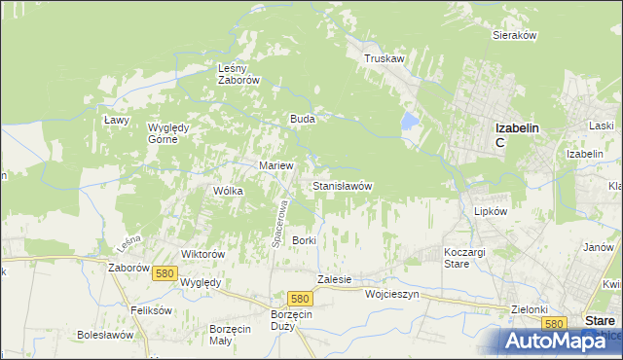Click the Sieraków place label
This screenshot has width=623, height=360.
[515, 35]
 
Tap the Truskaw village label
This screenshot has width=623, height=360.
[384, 58]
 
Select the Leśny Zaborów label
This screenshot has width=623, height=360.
[238, 74]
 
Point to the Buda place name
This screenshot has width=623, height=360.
[301, 119]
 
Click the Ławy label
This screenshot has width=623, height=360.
[116, 119]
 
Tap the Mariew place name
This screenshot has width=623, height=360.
[275, 165]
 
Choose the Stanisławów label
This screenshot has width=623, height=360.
[342, 185]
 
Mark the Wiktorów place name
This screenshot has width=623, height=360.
[203, 253]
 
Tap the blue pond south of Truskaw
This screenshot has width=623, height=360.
[410, 122]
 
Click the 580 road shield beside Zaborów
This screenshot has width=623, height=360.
[164, 274]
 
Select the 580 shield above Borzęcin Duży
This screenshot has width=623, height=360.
[300, 299]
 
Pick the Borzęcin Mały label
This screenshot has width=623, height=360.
[232, 335]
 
